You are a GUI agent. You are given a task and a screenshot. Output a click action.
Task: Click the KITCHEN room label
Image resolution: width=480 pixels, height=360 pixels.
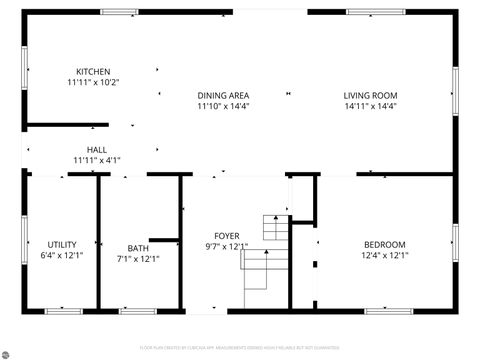point(93,71)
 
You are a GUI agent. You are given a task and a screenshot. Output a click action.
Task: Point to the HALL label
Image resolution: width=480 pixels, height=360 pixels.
point(96,149)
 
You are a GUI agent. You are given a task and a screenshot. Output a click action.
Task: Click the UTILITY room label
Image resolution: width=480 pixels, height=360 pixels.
point(62,245)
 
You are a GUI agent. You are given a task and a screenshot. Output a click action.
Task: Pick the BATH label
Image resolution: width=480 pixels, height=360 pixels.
point(137,248)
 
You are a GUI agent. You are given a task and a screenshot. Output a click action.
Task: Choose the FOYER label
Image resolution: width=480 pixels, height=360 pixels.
point(226,235)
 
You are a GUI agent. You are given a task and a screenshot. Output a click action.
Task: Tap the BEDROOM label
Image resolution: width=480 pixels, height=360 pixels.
point(384,245)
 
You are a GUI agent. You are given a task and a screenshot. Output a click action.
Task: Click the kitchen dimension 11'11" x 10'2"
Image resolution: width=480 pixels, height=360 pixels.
point(93,82)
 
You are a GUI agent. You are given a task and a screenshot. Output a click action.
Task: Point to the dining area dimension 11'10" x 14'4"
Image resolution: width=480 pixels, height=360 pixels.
point(222,105)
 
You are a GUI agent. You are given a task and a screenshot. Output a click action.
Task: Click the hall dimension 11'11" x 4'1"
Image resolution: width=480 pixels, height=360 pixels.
point(96,160)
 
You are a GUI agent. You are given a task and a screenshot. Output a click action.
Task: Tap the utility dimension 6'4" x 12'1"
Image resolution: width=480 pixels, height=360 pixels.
point(62,256)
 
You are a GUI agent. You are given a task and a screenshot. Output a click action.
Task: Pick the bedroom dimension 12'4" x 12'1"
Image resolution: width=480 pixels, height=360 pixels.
point(384,256)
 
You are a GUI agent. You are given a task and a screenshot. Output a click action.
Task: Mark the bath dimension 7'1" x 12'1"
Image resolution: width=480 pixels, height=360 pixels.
point(137,259)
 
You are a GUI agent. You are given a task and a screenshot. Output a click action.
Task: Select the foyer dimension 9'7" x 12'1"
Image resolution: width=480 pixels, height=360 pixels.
point(226,246)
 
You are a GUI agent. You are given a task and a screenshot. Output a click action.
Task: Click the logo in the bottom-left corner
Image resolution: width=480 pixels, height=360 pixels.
point(8,351)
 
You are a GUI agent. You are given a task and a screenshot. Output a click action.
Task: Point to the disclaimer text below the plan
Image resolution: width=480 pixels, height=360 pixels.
point(240,348)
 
